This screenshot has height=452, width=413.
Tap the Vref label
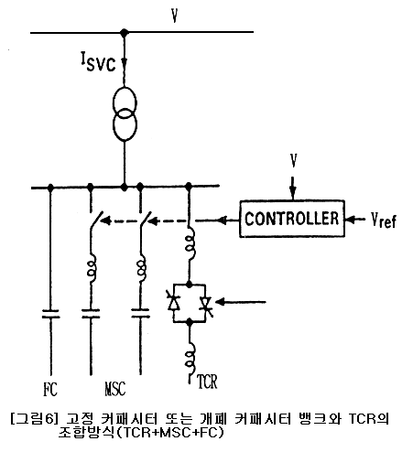(x=384, y=220)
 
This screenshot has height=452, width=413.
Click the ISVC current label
(x=98, y=61)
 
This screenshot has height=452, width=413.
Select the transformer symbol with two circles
(x=125, y=113)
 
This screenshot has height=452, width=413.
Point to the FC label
(x=50, y=389)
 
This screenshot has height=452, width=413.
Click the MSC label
(x=115, y=389)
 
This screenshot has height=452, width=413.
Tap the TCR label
(x=207, y=382)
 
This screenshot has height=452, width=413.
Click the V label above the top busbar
(x=175, y=16)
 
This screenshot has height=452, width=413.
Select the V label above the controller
(x=293, y=160)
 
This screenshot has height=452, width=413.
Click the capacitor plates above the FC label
(x=50, y=314)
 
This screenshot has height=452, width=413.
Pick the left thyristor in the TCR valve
(x=173, y=301)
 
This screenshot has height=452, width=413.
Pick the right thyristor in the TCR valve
(x=205, y=305)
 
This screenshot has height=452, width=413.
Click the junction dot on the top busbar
(x=124, y=32)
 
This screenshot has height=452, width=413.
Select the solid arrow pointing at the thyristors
(x=241, y=302)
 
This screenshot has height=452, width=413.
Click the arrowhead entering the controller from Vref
(x=350, y=219)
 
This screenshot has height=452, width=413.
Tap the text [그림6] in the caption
(x=34, y=419)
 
